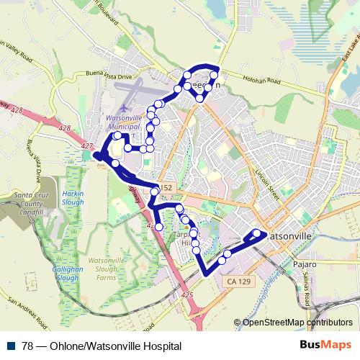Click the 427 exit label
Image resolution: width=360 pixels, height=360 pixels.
(88, 147)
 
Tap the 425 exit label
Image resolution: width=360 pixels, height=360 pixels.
(189, 294)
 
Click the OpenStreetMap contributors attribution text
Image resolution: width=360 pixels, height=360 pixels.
(297, 322)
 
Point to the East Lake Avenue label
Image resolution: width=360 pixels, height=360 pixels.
(338, 58)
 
